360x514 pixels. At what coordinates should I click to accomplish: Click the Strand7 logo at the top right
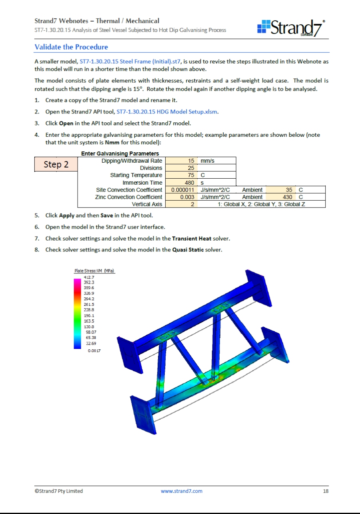click(291, 28)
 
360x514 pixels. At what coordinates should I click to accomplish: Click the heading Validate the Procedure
click(71, 47)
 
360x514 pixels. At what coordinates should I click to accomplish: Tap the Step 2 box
click(56, 164)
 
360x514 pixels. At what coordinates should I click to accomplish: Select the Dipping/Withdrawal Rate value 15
click(181, 161)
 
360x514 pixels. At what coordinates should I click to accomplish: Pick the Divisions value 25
click(181, 168)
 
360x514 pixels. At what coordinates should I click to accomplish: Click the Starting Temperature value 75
click(181, 175)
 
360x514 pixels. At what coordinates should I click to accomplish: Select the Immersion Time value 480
click(181, 183)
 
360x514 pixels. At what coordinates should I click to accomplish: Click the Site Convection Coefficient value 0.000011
click(182, 190)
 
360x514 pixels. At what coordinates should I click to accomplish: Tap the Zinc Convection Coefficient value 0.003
click(182, 197)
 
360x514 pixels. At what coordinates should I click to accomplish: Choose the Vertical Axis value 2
click(181, 204)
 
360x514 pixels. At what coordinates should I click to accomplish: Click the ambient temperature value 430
click(282, 197)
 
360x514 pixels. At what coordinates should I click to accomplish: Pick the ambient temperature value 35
click(282, 190)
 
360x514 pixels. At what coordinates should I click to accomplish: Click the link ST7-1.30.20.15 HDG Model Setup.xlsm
click(167, 112)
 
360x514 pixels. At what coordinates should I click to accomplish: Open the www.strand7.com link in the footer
click(182, 491)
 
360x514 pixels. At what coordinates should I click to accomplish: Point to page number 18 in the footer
click(326, 491)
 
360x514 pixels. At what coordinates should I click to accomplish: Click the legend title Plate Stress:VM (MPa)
click(94, 271)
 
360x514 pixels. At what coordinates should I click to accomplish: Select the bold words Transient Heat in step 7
click(192, 239)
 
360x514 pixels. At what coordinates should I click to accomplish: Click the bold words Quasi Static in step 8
click(188, 250)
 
